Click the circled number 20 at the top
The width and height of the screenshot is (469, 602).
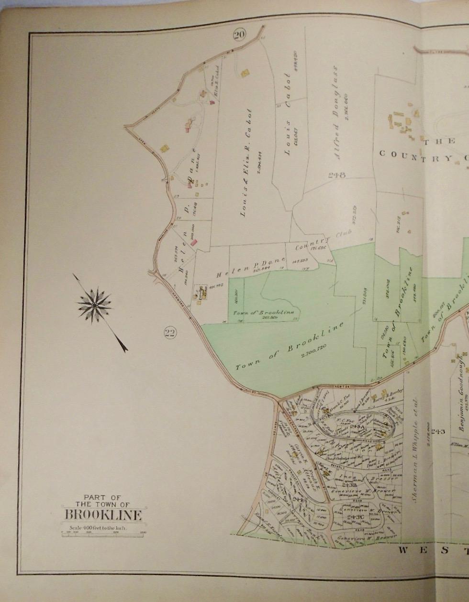coord(239,34)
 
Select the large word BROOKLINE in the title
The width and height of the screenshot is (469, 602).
coord(103,515)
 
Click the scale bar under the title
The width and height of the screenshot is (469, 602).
coord(103,532)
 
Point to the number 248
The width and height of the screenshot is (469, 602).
coord(337,175)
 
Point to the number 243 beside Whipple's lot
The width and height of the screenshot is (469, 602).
coord(437,432)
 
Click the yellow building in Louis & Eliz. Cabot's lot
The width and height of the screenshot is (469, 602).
coord(245,73)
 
